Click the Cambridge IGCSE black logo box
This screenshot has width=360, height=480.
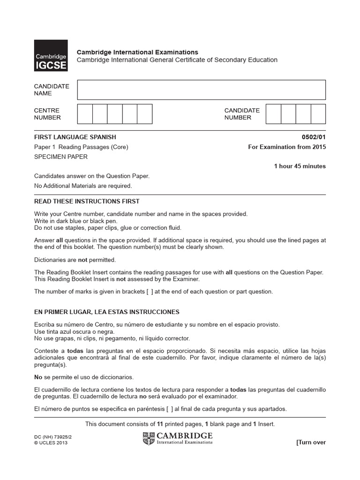pos(51,56)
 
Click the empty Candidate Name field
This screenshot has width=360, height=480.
pos(201,90)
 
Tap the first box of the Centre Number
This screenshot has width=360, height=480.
pos(85,114)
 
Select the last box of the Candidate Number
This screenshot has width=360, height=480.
pos(318,114)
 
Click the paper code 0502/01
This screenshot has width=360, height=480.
pos(314,137)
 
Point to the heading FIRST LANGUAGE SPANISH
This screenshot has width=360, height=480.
pos(75,137)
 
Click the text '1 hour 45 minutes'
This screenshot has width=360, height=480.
pos(300,166)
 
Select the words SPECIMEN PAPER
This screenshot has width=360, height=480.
pos(61,157)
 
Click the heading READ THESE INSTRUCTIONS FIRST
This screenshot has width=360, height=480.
pos(87,201)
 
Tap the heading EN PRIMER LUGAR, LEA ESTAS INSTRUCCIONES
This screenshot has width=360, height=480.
pos(107,312)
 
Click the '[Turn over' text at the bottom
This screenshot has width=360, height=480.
pos(311,442)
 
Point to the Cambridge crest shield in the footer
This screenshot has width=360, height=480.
pos(149,438)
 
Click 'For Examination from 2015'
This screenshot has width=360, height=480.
pos(286,147)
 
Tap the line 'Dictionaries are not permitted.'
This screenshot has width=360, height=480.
pos(75,260)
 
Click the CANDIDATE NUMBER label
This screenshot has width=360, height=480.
pos(242,114)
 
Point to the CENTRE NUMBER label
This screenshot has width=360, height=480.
pos(47,114)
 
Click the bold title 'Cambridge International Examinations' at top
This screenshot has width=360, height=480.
pos(137,52)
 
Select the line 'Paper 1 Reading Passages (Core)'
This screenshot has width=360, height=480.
pos(81,147)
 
